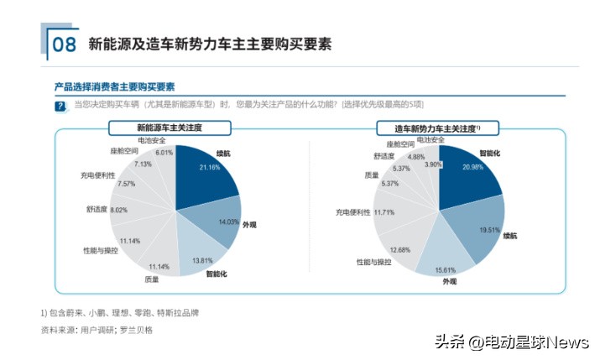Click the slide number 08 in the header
pyautogui.click(x=64, y=44)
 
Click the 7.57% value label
pyautogui.click(x=126, y=183)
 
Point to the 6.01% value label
pyautogui.click(x=164, y=153)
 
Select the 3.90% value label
pyautogui.click(x=432, y=164)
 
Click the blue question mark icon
pyautogui.click(x=60, y=106)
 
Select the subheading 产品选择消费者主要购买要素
pyautogui.click(x=114, y=86)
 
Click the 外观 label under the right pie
pyautogui.click(x=450, y=280)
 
